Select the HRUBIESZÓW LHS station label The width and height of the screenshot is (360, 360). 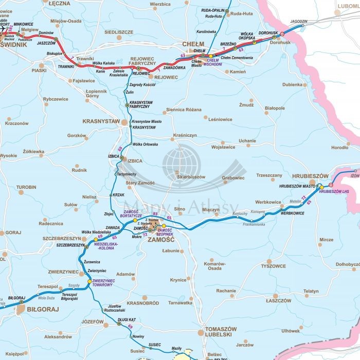(334, 192)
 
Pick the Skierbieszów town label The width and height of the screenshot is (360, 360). (190, 177)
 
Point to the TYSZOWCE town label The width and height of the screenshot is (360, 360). (273, 266)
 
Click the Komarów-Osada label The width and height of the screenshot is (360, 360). (213, 266)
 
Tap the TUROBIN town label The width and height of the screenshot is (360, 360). (26, 187)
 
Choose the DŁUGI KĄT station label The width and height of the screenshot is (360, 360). (126, 319)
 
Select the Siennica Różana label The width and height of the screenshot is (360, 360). (183, 110)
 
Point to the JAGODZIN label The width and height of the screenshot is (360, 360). (298, 21)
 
